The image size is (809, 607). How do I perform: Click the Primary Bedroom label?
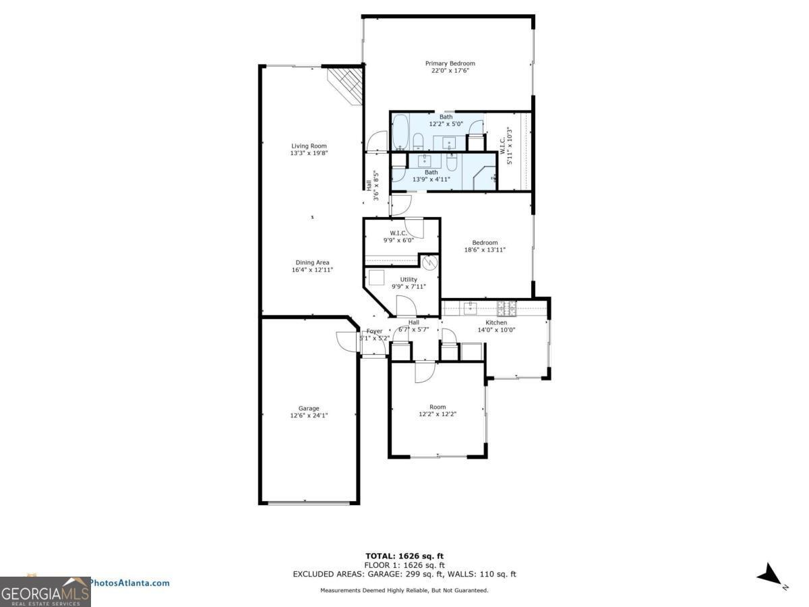click(x=450, y=63)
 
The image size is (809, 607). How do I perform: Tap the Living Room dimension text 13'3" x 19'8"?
click(x=309, y=153)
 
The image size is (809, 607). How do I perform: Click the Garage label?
click(x=309, y=408)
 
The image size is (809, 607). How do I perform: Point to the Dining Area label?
click(x=312, y=262)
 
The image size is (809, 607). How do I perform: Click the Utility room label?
click(x=408, y=279)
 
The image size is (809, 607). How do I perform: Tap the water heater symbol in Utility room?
click(x=429, y=262)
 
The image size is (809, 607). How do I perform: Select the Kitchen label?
click(x=496, y=322)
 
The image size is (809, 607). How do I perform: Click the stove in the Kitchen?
click(x=506, y=308)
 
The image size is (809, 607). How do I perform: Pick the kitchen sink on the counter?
click(x=471, y=308)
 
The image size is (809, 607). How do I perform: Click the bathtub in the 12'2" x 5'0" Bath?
click(x=400, y=132)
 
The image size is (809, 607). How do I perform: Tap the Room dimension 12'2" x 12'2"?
click(x=438, y=414)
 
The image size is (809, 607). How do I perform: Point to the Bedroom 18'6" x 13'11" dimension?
click(x=485, y=250)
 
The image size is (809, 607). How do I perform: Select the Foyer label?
click(x=374, y=331)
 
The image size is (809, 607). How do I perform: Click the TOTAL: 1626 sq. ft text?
click(x=404, y=556)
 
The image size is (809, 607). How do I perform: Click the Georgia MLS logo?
click(x=45, y=591)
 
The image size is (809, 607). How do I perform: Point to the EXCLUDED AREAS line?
click(x=404, y=574)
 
